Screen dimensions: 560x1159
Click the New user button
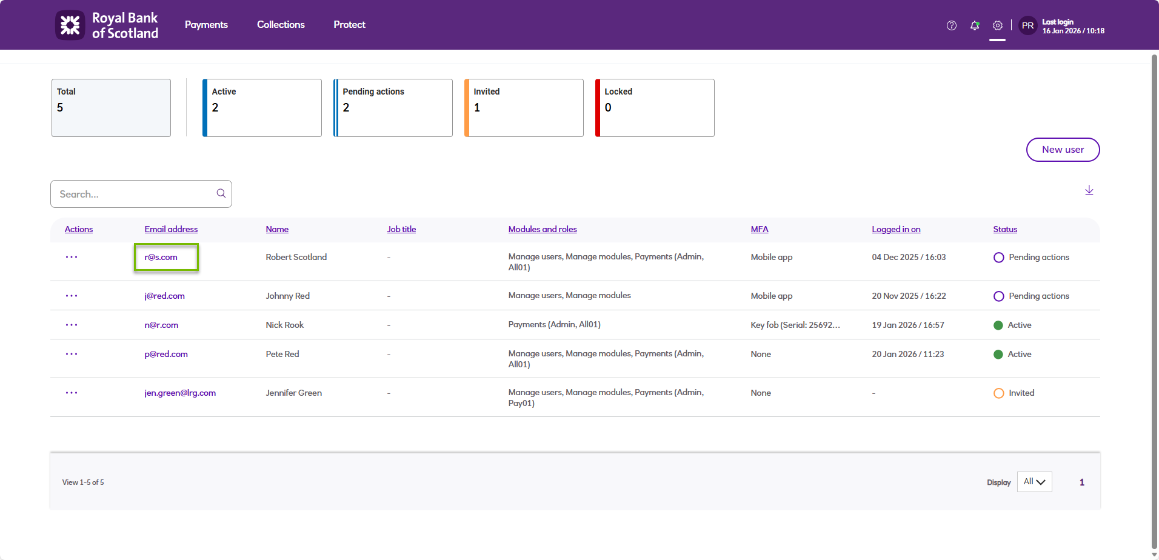(1063, 150)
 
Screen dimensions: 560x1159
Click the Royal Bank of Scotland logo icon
(70, 25)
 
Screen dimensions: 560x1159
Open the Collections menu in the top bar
(281, 25)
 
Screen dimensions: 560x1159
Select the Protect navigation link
(349, 25)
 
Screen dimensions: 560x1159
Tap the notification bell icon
(975, 25)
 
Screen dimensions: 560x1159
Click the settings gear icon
(997, 25)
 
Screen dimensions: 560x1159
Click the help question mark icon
(952, 25)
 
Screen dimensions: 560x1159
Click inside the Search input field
(135, 194)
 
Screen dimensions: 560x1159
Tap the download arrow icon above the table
(1089, 190)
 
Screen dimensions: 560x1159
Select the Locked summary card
(655, 108)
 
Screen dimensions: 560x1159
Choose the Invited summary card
(524, 108)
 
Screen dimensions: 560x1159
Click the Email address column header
(171, 229)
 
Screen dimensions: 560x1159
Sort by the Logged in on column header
(896, 229)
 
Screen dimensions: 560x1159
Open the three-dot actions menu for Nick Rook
(72, 325)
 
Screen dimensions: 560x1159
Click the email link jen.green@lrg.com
(180, 393)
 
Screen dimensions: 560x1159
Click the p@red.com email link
(166, 354)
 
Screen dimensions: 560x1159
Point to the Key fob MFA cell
(795, 325)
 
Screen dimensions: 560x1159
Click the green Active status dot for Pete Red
(998, 355)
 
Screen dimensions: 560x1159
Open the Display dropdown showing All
(1034, 482)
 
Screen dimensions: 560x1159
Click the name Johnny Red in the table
(287, 296)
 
